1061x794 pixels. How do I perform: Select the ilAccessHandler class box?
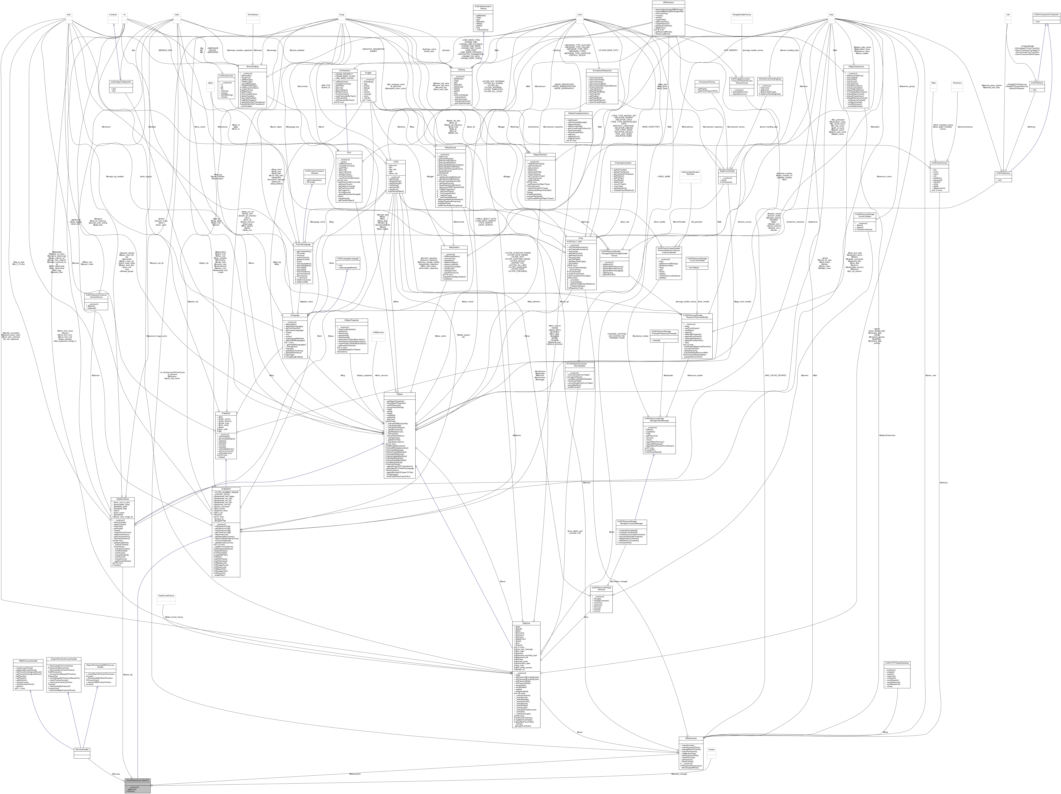point(82,749)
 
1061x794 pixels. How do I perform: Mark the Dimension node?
point(957,83)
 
